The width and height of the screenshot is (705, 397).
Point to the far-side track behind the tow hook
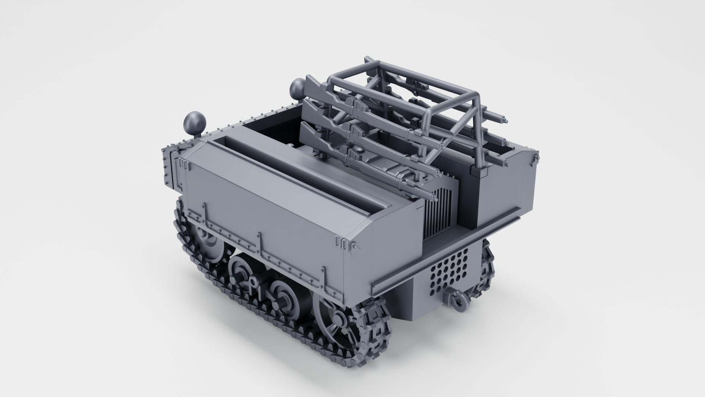click(488, 268)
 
